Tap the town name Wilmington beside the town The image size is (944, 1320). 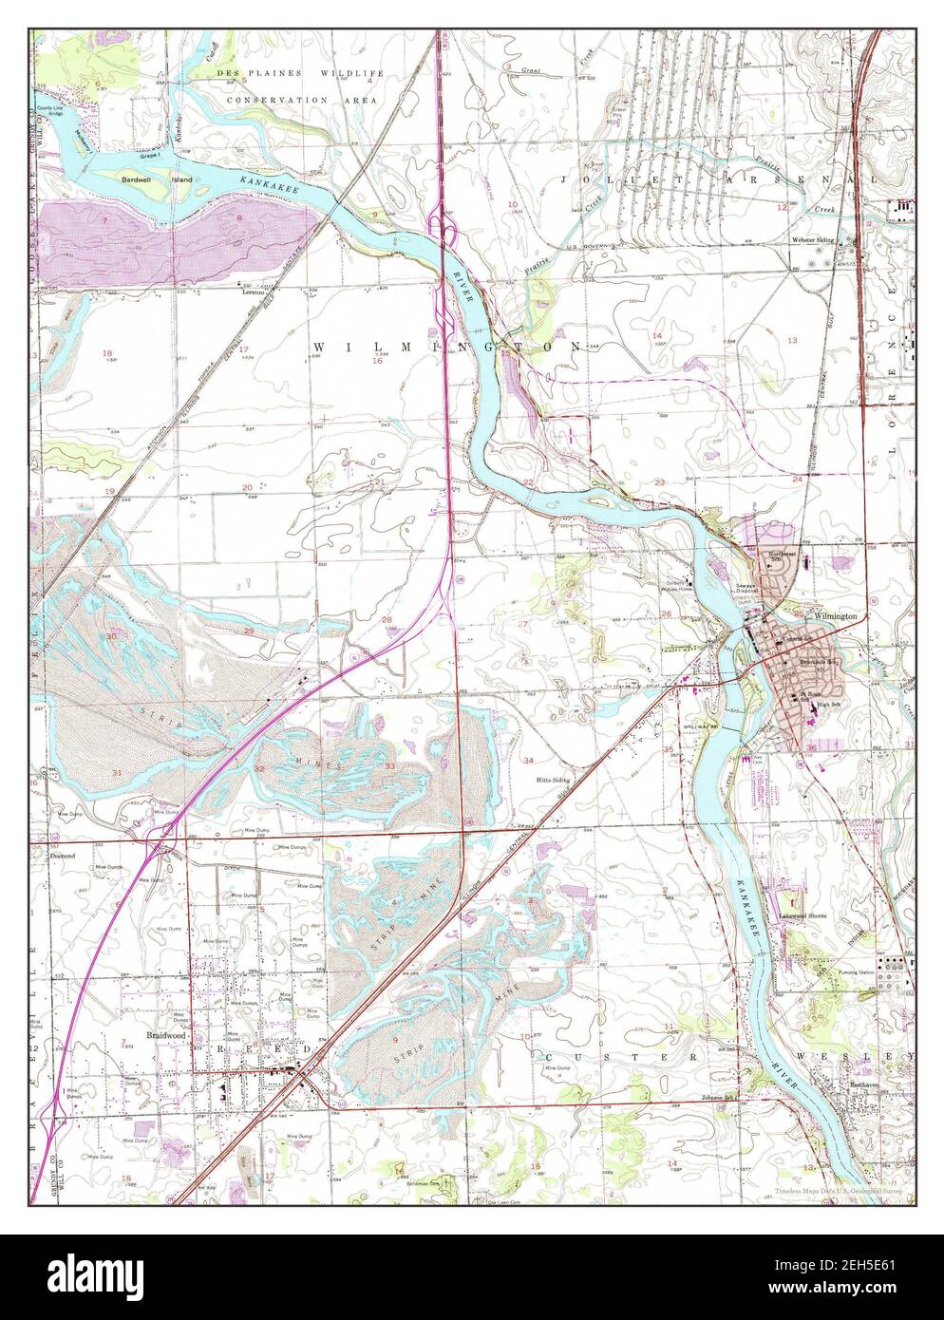point(836,616)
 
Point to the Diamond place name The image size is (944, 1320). point(62,855)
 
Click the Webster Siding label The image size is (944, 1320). point(813,240)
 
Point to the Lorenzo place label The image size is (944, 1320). point(252,293)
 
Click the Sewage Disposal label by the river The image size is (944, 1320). point(744,589)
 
